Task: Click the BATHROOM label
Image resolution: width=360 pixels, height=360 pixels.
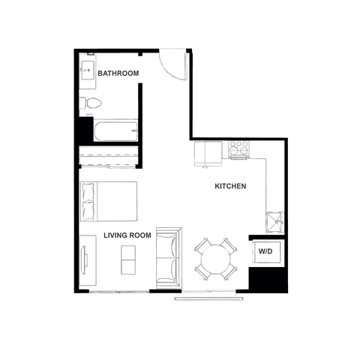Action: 118,73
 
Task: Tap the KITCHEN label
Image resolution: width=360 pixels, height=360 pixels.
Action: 231,186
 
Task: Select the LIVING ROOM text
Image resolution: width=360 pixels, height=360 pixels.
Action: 127,235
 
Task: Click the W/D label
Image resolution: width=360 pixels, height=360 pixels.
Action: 265,252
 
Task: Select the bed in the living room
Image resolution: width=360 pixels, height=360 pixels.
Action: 109,200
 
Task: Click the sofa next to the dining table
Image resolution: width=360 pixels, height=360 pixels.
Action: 168,256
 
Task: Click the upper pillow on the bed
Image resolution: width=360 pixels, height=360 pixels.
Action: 88,191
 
